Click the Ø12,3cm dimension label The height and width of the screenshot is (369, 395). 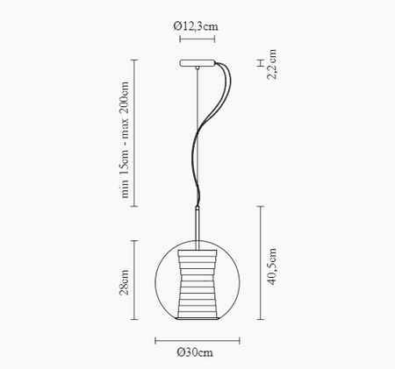(197, 27)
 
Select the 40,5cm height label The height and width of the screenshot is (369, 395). (273, 266)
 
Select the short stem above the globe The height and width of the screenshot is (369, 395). (197, 226)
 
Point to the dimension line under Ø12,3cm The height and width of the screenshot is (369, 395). (197, 39)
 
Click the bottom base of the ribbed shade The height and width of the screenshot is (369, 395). (197, 318)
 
